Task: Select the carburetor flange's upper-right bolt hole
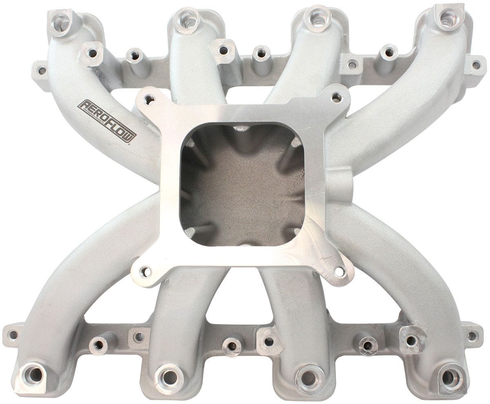336,98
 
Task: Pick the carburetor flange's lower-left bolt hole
146,271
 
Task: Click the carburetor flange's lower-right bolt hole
339,270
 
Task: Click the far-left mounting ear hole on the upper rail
41,71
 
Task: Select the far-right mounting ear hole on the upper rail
476,64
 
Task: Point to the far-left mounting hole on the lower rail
13,335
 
